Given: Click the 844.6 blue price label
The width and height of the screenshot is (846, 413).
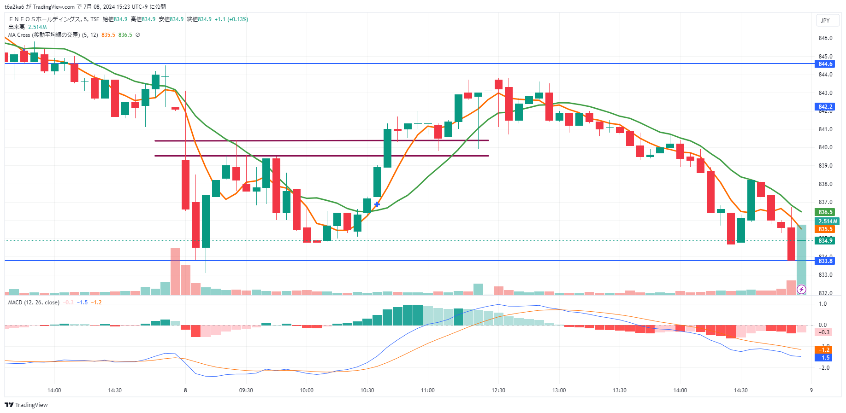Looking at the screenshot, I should [825, 64].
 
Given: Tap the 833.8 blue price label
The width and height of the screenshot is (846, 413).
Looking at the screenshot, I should [825, 261].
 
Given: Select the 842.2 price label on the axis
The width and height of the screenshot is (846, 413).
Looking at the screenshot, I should [825, 107].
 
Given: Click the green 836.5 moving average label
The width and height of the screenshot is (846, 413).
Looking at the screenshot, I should [825, 212].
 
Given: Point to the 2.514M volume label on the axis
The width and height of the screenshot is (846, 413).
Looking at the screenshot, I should [828, 221].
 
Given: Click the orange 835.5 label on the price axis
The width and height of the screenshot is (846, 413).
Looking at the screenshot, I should [825, 229].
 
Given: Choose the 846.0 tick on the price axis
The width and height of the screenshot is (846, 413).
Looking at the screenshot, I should [825, 38].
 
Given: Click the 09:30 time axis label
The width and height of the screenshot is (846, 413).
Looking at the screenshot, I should [246, 390].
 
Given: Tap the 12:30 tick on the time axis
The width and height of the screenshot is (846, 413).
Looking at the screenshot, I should [498, 390].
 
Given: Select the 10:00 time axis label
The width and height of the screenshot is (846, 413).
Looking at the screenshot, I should [307, 390].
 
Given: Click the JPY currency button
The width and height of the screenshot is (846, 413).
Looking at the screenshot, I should [825, 20].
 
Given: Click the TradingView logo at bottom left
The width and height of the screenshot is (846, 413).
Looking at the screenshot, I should [26, 405].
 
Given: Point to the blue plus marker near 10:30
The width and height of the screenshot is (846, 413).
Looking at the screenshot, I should [377, 204].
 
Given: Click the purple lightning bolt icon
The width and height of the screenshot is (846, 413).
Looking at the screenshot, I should [801, 289].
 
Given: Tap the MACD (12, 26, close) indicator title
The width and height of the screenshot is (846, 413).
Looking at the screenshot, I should [34, 302].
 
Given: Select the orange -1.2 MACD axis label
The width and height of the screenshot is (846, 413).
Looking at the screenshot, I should [824, 350].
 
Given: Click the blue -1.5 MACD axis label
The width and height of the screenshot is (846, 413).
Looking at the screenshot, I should [824, 358].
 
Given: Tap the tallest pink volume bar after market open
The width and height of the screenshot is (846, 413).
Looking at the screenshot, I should [175, 272].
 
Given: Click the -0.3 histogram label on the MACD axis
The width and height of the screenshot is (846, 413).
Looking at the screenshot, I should [824, 332].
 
